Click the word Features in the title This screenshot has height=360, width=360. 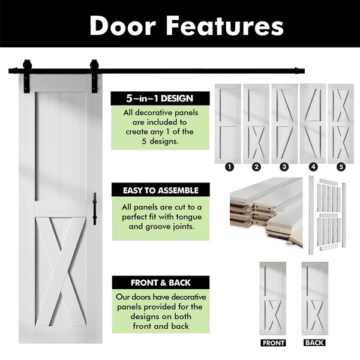224,26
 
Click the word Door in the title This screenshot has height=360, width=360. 123,26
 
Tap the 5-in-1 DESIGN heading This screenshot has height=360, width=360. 160,98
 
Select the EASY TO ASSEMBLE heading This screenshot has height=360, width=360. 160,190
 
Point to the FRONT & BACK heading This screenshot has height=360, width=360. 160,283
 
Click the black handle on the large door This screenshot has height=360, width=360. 95,209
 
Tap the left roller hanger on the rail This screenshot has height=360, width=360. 27,76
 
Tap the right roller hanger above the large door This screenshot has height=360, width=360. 94,76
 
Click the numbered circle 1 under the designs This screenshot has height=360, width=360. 229,167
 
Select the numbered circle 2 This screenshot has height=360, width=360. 256,167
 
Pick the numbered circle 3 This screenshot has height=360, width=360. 284,167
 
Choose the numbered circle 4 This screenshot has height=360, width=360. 313,167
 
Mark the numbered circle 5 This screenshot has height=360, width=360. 341,167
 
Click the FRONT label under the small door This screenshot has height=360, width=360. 273,343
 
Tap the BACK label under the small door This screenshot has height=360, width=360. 314,343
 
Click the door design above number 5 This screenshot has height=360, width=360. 341,124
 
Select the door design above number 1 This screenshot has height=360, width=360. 228,124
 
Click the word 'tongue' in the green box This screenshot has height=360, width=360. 189,217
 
